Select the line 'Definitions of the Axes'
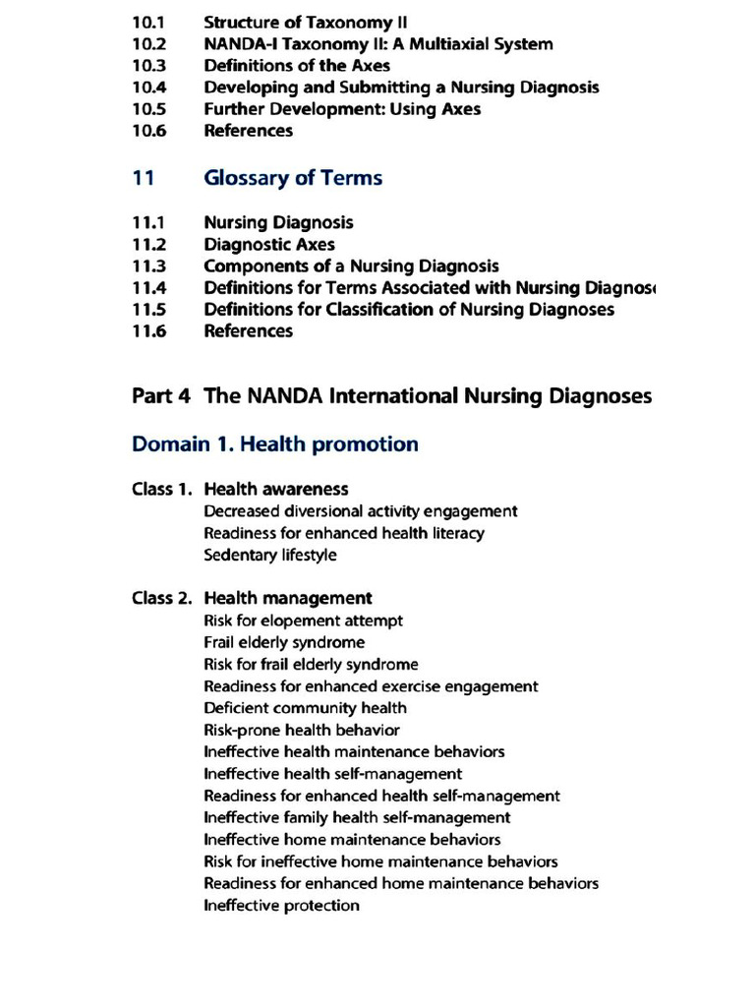pos(297,66)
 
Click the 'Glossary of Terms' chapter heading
pos(293,178)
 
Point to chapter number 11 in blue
pos(143,178)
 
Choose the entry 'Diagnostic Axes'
pos(269,245)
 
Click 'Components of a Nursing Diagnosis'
pos(351,267)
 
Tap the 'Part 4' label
pos(161,396)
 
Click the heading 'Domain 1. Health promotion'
pos(275,444)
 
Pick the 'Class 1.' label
pos(162,489)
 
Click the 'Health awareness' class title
pos(276,489)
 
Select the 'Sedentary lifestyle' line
pos(270,555)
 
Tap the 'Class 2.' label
pos(162,598)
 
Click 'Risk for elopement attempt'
pos(303,621)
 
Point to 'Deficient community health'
pos(305,708)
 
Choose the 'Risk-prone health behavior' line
pos(302,730)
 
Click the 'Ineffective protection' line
pos(281,906)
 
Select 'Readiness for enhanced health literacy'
pos(344,533)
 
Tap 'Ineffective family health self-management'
pos(357,817)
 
